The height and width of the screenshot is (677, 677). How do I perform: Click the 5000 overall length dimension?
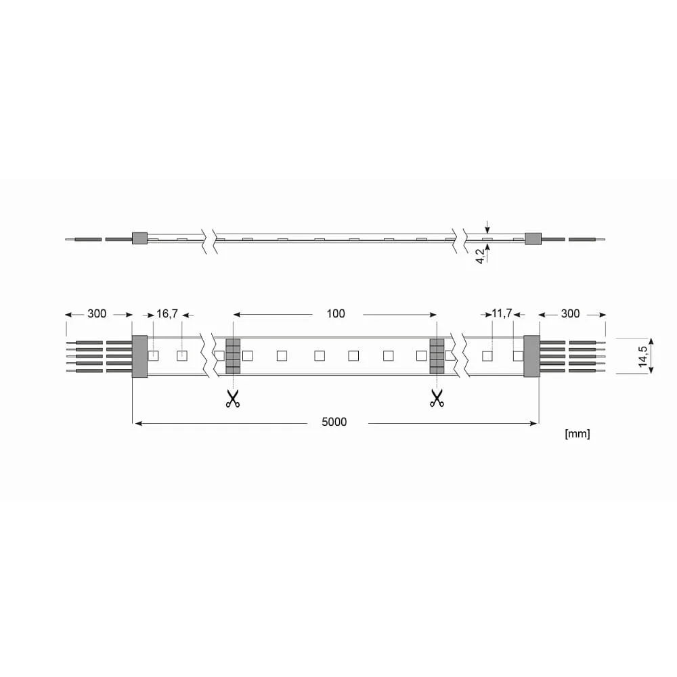click(x=334, y=422)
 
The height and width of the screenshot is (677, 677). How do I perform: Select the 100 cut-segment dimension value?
click(x=336, y=314)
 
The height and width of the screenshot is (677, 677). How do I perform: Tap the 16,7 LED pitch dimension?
click(x=167, y=314)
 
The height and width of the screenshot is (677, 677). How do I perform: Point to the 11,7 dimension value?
click(x=502, y=313)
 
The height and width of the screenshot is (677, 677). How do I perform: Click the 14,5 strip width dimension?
click(x=643, y=356)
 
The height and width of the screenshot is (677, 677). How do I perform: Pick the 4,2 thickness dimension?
click(x=481, y=256)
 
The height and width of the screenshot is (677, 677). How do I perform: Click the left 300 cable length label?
click(x=97, y=314)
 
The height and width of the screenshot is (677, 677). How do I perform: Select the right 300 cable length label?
click(x=570, y=314)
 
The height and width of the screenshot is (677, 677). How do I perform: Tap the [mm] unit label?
click(x=577, y=433)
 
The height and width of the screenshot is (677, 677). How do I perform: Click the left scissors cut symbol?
click(x=233, y=398)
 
